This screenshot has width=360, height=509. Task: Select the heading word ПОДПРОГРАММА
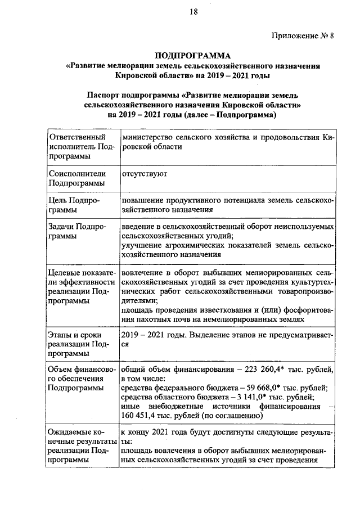click(193, 55)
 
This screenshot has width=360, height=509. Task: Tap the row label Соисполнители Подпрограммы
click(76, 179)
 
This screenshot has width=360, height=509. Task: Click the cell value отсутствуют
click(144, 174)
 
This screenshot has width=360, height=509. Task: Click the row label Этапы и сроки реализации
click(75, 344)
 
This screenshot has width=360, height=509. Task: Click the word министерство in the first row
click(147, 137)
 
